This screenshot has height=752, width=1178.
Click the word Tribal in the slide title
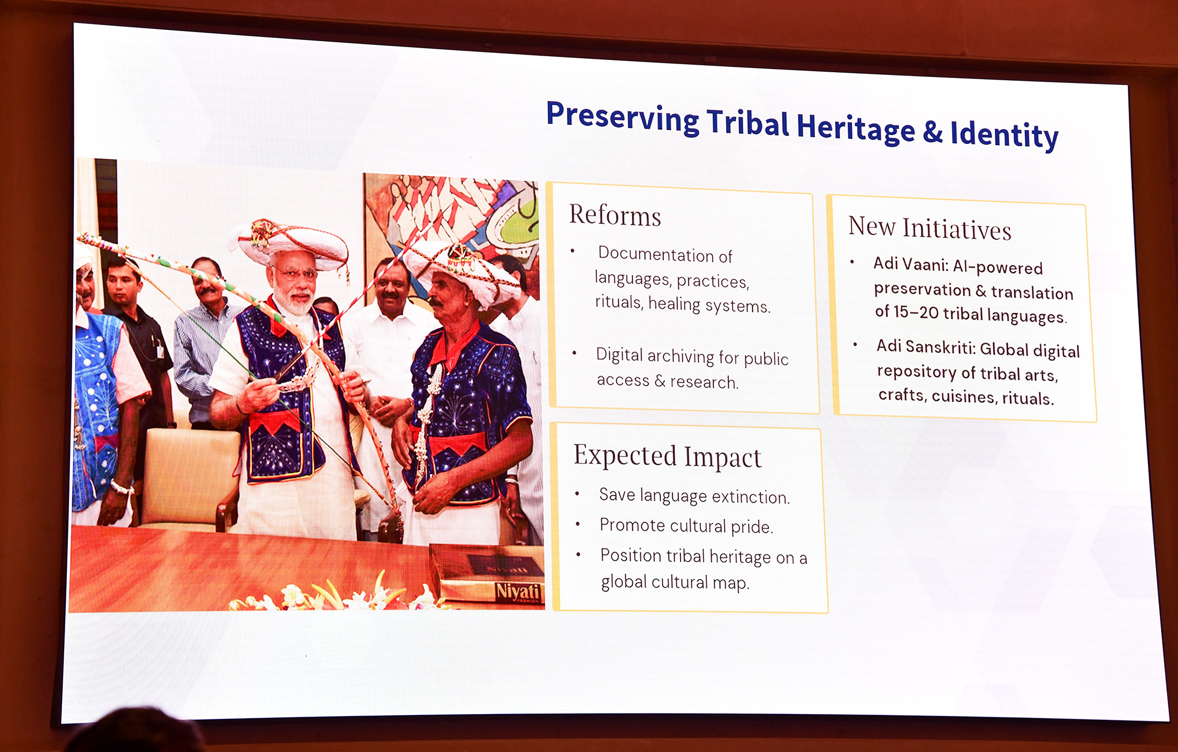[x=747, y=123]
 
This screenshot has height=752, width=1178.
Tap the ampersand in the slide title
[x=932, y=132]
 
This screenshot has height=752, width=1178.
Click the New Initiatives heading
[x=930, y=227]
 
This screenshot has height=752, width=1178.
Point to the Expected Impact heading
[x=667, y=456]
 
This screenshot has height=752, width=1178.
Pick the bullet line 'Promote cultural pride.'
[x=686, y=526]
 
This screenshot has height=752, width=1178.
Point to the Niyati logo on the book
[x=517, y=592]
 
